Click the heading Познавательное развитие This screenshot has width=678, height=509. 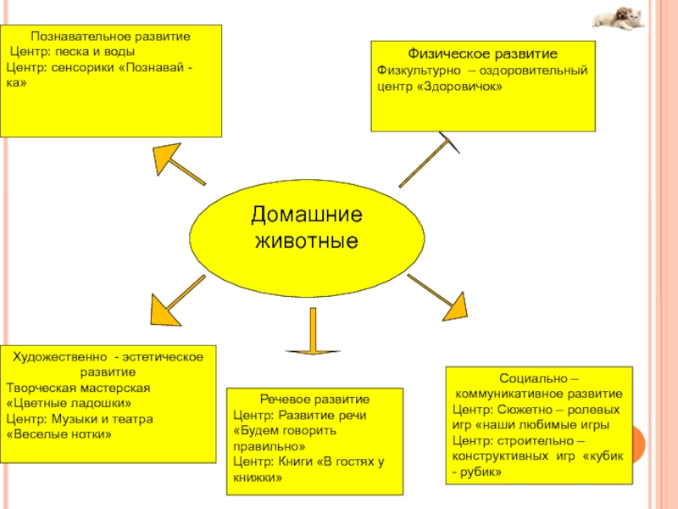point(111,37)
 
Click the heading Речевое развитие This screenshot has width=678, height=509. point(314,399)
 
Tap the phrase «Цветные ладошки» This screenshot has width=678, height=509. point(69,403)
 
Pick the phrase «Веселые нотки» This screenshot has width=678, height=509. point(59,433)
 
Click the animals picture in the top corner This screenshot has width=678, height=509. point(618,18)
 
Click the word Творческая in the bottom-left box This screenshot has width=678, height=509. point(37,388)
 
